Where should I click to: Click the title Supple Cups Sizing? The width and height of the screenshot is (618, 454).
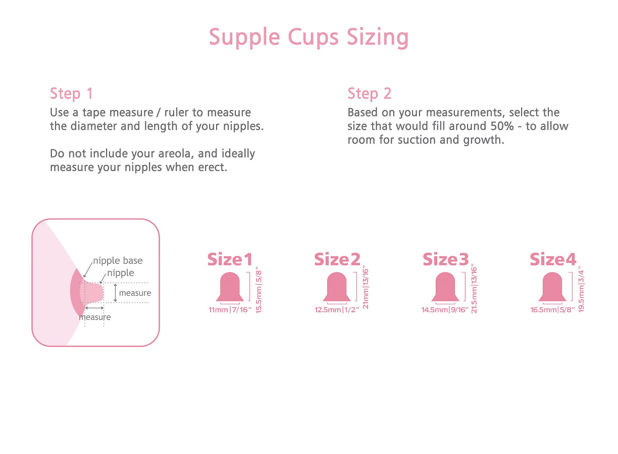pyautogui.click(x=309, y=38)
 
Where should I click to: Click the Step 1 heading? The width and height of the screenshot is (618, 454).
pyautogui.click(x=71, y=94)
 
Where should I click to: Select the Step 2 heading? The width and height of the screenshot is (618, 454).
pyautogui.click(x=369, y=94)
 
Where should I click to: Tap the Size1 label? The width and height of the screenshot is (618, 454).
pyautogui.click(x=230, y=260)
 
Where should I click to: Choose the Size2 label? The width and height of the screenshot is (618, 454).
pyautogui.click(x=337, y=260)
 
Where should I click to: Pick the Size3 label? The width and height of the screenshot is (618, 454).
pyautogui.click(x=446, y=260)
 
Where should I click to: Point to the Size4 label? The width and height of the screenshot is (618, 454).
pyautogui.click(x=553, y=260)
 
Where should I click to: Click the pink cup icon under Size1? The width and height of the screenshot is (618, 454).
pyautogui.click(x=230, y=287)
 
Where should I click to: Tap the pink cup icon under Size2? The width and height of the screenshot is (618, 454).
pyautogui.click(x=337, y=287)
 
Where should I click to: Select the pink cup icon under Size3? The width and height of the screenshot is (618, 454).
pyautogui.click(x=445, y=287)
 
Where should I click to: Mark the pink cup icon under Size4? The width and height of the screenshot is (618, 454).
pyautogui.click(x=552, y=287)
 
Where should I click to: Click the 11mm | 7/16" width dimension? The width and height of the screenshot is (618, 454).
pyautogui.click(x=230, y=310)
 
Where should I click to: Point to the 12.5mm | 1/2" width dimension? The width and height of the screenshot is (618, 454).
pyautogui.click(x=337, y=310)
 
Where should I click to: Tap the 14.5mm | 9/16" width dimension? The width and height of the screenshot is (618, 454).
pyautogui.click(x=445, y=310)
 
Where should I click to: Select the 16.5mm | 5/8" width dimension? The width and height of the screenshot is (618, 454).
pyautogui.click(x=553, y=310)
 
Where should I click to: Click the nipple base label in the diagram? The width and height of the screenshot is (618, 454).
pyautogui.click(x=118, y=261)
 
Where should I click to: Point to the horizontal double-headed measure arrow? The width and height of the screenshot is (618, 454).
pyautogui.click(x=94, y=308)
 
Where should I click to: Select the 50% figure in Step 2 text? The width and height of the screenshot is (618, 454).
pyautogui.click(x=502, y=126)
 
